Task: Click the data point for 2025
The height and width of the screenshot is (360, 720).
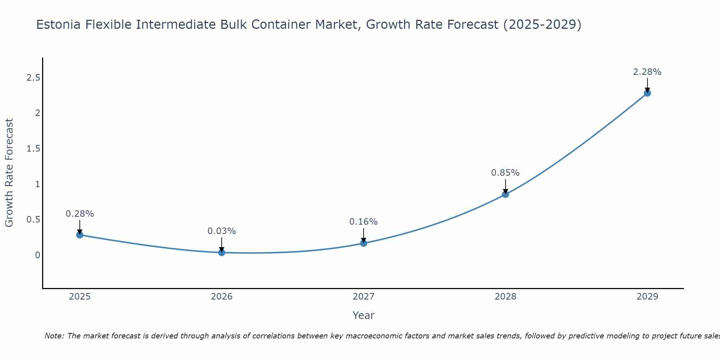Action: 80,235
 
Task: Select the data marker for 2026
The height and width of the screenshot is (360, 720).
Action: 222,253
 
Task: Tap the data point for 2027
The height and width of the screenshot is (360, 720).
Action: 364,243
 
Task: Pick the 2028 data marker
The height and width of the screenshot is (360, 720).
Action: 505,194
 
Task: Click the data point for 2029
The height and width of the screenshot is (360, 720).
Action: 647,93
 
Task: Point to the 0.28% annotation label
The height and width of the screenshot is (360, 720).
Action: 80,214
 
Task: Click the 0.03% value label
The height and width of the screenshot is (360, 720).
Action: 222,231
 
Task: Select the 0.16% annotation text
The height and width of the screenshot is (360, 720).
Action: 364,222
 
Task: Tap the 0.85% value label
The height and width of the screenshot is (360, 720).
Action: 505,173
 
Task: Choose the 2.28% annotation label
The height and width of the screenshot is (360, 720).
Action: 647,72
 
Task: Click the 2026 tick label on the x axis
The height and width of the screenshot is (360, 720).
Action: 222,297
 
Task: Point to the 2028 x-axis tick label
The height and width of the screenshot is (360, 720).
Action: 505,297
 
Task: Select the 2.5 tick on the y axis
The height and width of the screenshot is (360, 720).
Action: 33,78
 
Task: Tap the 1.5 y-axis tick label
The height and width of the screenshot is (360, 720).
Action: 33,149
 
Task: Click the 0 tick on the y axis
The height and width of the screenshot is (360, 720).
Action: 37,255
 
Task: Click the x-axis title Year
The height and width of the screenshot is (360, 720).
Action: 364,315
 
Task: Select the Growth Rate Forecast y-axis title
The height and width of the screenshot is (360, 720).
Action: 9,172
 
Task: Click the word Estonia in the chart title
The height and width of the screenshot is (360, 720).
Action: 59,24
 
